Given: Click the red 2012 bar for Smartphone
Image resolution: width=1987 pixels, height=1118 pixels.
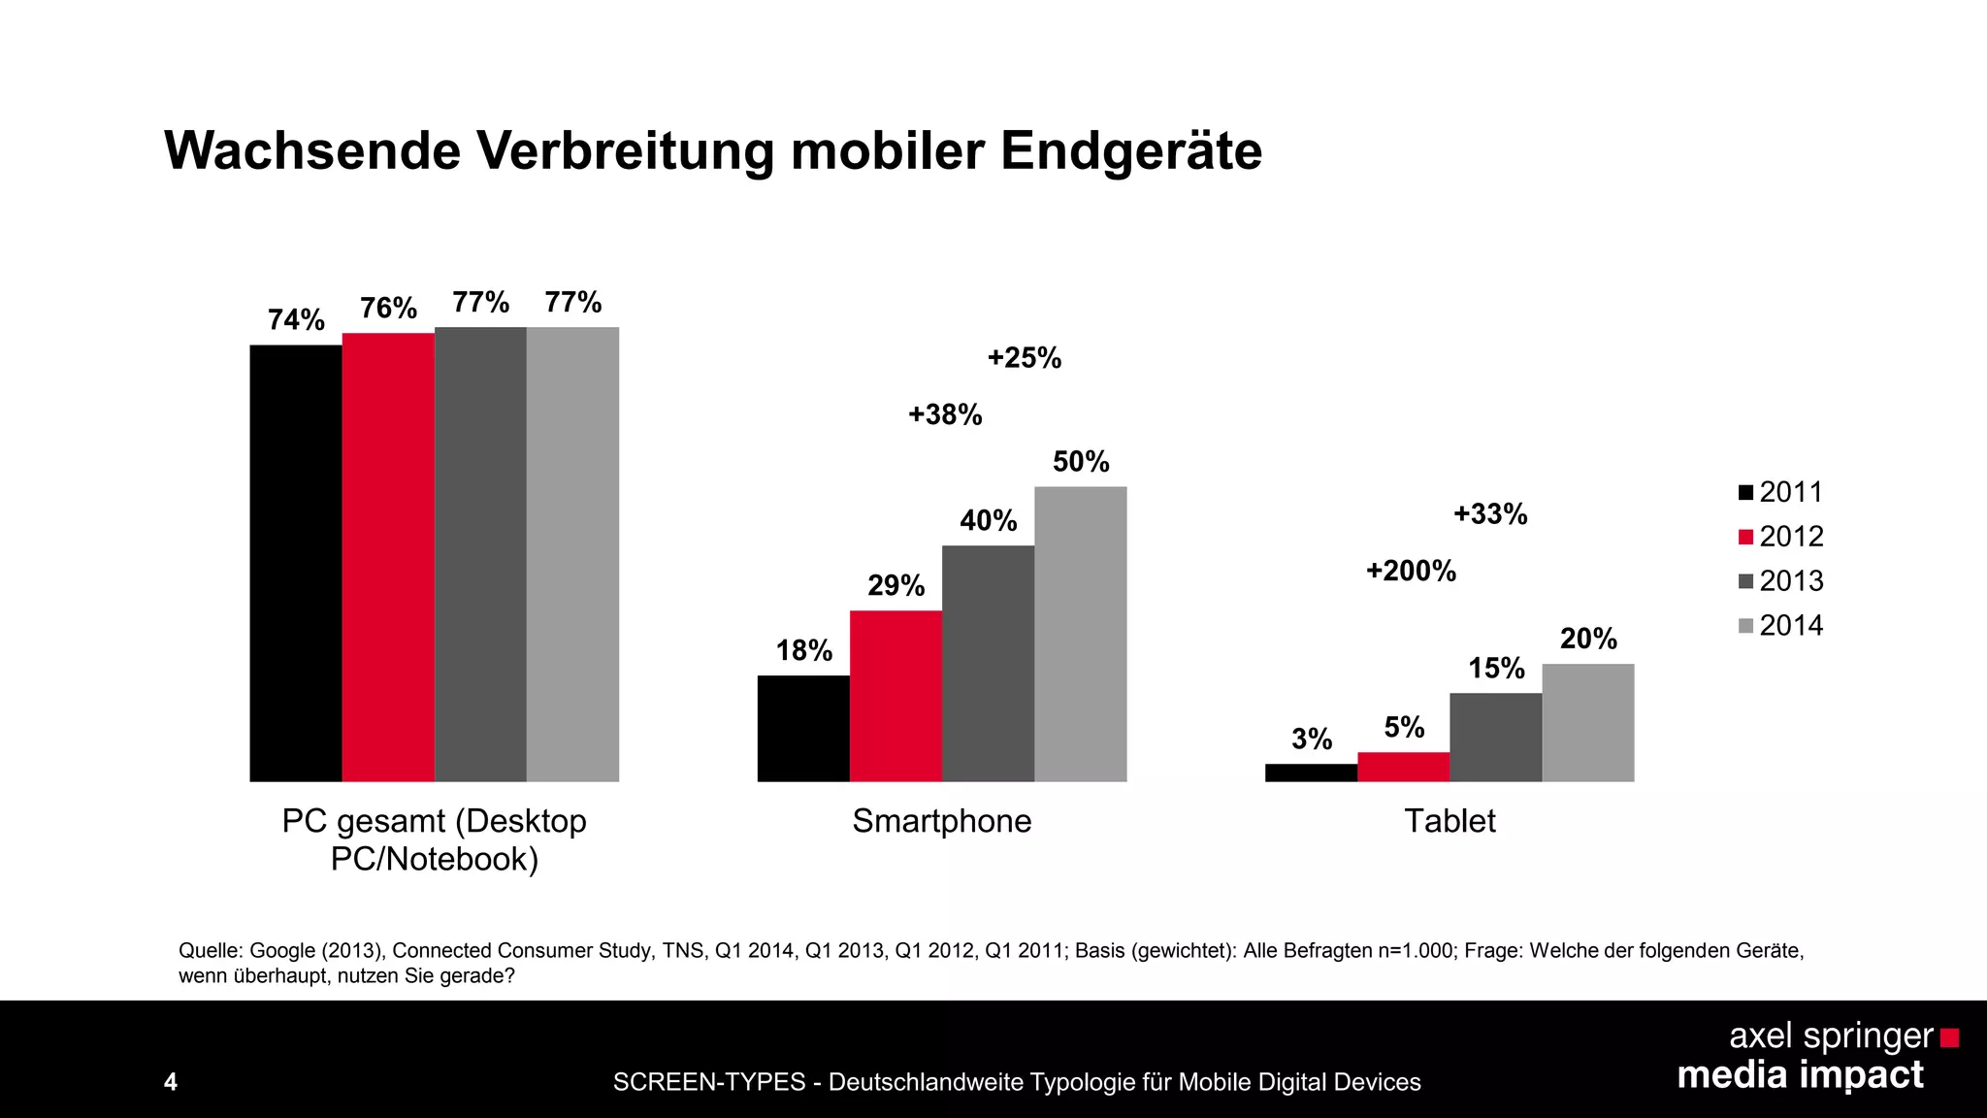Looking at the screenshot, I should coord(896,696).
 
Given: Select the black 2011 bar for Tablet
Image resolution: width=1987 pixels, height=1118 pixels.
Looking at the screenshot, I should coord(1311,773).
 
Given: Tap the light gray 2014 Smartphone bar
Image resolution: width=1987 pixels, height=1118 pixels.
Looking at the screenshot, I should coord(1080,634).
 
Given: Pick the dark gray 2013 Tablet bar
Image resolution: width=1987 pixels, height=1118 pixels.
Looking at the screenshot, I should coord(1495,737).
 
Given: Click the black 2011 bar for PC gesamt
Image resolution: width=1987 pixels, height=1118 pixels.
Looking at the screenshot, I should coord(296,563).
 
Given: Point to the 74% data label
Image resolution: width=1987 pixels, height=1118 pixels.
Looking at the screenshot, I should coord(296,320).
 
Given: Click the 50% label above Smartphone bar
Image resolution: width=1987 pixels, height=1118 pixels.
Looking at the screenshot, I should coord(1081,462).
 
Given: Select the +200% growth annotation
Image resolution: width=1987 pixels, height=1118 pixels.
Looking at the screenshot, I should coord(1411,571).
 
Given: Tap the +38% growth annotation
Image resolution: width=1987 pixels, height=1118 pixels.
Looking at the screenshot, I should coord(945,415).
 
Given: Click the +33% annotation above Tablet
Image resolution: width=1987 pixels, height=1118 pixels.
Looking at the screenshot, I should coord(1490,514).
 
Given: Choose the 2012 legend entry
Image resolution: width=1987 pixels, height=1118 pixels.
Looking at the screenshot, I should coord(1781,537).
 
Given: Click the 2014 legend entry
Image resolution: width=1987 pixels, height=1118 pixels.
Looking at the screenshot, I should coord(1781,626).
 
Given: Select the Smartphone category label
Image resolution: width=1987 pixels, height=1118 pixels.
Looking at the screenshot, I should coord(941,822).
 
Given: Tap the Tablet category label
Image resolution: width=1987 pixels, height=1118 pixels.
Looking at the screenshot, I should coord(1450,822).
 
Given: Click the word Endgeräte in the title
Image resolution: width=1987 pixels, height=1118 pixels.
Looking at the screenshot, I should coord(1131,151).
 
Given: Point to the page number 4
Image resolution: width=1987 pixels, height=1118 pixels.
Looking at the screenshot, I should coord(171,1082).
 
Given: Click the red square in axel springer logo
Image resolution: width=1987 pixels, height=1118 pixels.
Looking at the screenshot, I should coord(1949,1038).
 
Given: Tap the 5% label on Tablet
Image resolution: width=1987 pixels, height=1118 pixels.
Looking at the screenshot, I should coord(1404,728).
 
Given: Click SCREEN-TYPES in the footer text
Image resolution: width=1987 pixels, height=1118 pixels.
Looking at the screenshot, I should coord(709,1082).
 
